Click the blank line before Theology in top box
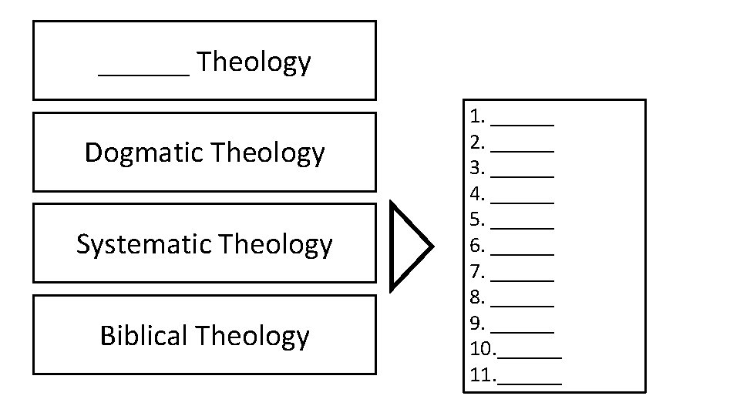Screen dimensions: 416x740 (143, 75)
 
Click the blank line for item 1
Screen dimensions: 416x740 (523, 123)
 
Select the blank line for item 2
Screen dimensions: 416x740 (523, 149)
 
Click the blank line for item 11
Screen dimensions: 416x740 (530, 382)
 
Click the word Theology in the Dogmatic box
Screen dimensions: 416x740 (267, 153)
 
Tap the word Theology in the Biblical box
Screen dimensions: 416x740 (252, 337)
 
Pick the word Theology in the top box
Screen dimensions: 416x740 (254, 62)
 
